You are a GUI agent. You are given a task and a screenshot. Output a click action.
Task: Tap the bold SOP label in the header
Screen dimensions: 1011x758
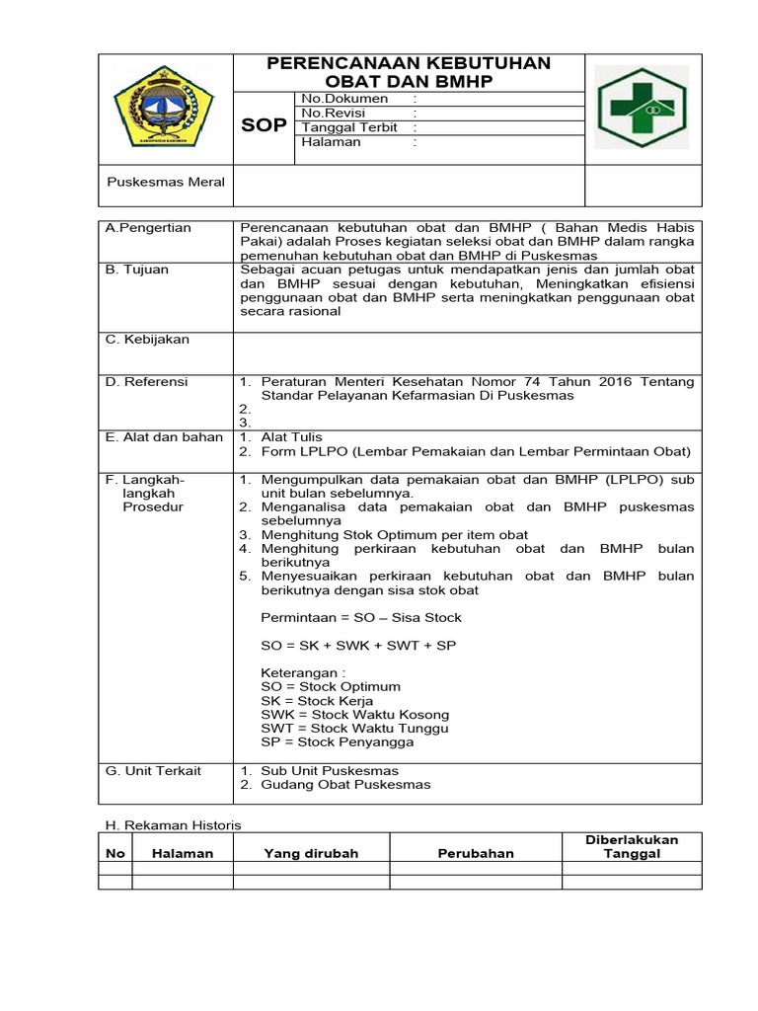pyautogui.click(x=265, y=126)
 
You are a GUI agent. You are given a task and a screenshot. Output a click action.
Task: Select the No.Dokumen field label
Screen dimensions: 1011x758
pyautogui.click(x=344, y=99)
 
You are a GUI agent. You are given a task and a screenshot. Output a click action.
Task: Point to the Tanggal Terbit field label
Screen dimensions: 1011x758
pyautogui.click(x=349, y=127)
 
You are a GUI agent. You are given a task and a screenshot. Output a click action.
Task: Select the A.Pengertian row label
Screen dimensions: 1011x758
pyautogui.click(x=148, y=228)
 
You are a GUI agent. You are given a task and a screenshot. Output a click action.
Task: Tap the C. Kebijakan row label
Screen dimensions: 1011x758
pyautogui.click(x=147, y=340)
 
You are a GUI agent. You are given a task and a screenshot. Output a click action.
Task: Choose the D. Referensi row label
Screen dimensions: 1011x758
pyautogui.click(x=146, y=382)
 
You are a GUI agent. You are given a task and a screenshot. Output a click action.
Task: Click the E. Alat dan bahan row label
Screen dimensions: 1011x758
pyautogui.click(x=164, y=437)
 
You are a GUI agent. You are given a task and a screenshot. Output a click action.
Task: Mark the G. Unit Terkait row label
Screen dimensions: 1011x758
pyautogui.click(x=153, y=770)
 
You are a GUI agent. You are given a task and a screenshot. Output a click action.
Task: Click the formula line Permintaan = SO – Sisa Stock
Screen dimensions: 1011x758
pyautogui.click(x=361, y=617)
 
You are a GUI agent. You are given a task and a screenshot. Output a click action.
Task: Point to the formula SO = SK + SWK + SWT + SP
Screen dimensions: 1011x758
pyautogui.click(x=358, y=645)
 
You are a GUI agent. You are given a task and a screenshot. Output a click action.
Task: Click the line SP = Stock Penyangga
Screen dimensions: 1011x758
pyautogui.click(x=338, y=741)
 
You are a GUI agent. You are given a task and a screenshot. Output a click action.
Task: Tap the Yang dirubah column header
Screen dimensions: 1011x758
pyautogui.click(x=311, y=854)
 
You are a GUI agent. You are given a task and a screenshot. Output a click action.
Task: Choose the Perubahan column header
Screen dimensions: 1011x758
pyautogui.click(x=476, y=854)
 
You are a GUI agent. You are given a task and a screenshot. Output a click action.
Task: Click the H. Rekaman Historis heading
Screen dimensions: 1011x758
pyautogui.click(x=173, y=824)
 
